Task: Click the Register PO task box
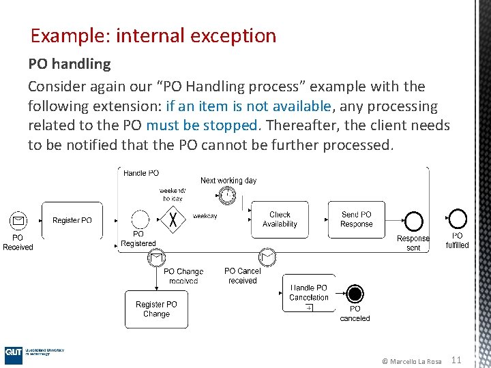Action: pos(72,220)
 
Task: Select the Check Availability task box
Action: pos(280,219)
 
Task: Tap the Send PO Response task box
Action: pos(357,219)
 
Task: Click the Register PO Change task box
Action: pos(156,309)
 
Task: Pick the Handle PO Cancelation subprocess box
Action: pos(309,293)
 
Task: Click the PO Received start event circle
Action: pos(18,220)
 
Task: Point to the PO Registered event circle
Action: pos(140,219)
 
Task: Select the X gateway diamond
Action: pos(177,219)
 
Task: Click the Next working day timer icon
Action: pos(227,195)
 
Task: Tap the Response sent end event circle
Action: pos(413,221)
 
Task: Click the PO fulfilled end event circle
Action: pos(458,219)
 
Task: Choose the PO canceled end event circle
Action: pos(355,294)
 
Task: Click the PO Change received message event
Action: pos(156,258)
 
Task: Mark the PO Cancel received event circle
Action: pos(267,257)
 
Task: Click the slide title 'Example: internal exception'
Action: pos(153,35)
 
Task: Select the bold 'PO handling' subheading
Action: pos(69,64)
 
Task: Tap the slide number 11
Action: pos(457,360)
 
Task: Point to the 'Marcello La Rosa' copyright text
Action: pos(411,361)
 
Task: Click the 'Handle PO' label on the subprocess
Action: pos(141,173)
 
